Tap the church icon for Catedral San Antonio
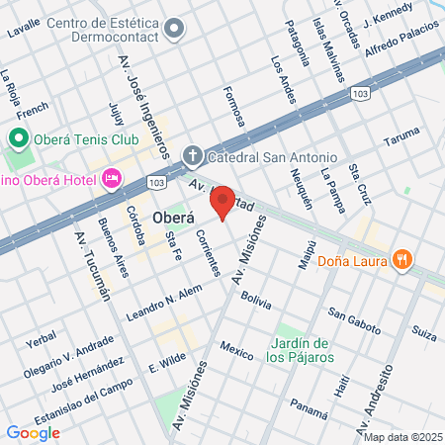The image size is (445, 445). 193,156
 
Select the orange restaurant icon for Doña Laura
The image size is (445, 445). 401,259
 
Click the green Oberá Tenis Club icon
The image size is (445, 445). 17,137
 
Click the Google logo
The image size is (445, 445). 33,432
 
